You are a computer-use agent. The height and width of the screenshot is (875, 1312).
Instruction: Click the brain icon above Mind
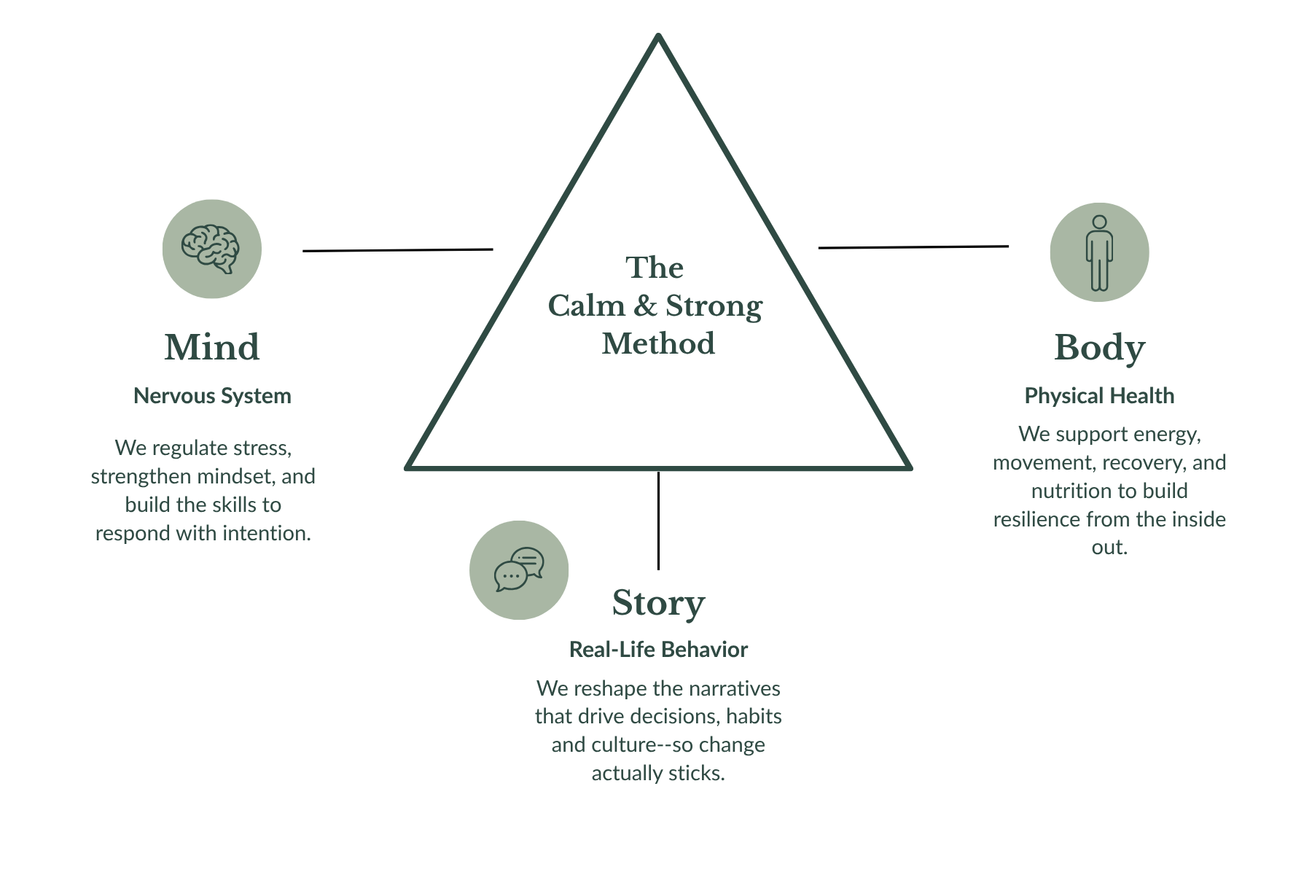pos(211,249)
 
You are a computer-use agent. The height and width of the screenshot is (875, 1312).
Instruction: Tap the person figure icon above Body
pos(1099,252)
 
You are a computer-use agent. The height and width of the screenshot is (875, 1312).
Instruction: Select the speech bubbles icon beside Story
pos(519,570)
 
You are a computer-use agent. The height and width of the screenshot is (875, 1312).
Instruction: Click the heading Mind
pos(212,347)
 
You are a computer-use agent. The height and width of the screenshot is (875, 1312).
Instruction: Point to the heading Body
pos(1099,349)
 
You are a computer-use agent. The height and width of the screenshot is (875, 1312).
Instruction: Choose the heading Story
pos(658,604)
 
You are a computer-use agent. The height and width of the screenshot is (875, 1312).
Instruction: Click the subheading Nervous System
pos(212,396)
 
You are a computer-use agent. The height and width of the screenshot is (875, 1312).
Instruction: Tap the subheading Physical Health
pos(1099,396)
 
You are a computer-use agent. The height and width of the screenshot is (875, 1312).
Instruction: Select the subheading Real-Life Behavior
pos(658,650)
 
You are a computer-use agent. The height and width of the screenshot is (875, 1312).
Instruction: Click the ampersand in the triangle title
pos(644,306)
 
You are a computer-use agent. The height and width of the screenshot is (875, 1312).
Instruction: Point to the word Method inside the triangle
pos(658,344)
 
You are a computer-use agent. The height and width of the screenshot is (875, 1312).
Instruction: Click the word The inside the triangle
pos(655,268)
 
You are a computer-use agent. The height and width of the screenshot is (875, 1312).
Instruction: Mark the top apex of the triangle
pos(658,34)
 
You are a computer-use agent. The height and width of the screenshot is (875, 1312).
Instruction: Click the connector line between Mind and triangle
pos(398,250)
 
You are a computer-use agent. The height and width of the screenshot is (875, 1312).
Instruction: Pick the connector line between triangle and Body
pos(913,247)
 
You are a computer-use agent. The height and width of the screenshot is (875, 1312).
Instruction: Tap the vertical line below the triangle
pos(658,521)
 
